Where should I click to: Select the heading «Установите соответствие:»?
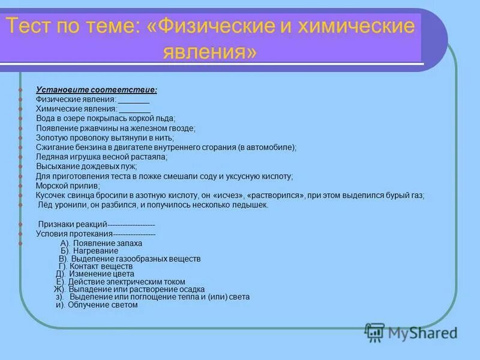coord(97,90)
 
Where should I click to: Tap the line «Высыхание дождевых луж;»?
coord(86,166)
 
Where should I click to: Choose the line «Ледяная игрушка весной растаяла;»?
coord(101,157)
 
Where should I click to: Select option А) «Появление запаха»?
coord(101,244)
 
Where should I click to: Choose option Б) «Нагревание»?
coord(89,251)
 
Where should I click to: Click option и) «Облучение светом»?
coord(97,305)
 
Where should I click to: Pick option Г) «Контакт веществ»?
coord(95,266)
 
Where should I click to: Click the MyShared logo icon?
coord(374,332)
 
